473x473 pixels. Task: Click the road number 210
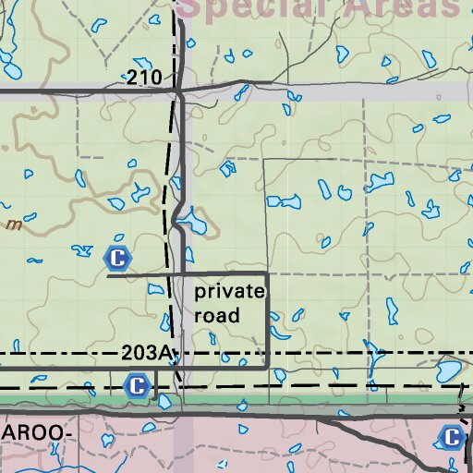click(x=145, y=79)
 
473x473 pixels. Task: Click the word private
click(x=230, y=292)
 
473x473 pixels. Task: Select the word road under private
click(x=217, y=315)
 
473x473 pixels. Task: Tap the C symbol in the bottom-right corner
click(x=452, y=437)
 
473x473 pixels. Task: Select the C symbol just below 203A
click(x=137, y=385)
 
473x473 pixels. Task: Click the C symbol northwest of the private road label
click(x=117, y=257)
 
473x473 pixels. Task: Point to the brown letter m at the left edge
click(x=13, y=224)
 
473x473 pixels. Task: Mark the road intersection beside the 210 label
click(x=178, y=90)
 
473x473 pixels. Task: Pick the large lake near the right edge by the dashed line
click(x=450, y=371)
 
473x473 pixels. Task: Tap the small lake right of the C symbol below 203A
click(x=164, y=401)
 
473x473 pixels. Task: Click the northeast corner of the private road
click(x=268, y=274)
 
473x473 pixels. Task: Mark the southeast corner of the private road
click(x=268, y=367)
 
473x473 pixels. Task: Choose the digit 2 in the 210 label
click(x=135, y=79)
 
